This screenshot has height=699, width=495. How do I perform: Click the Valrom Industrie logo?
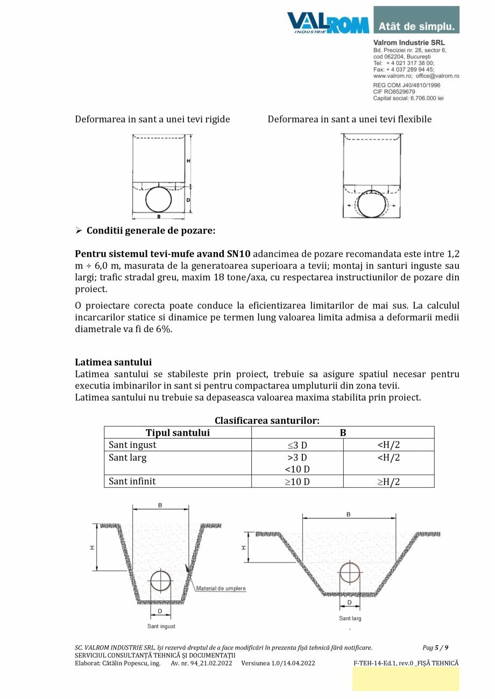click(x=328, y=23)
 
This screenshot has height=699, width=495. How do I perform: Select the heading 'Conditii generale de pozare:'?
click(x=151, y=231)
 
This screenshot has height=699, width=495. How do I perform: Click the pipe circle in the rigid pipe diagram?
click(x=158, y=199)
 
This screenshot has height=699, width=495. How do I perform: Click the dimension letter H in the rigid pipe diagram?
click(x=188, y=161)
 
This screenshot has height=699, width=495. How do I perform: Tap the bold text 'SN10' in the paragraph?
click(x=239, y=254)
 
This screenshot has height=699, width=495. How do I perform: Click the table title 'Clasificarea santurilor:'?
click(x=267, y=420)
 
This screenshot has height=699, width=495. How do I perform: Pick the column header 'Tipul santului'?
click(x=178, y=433)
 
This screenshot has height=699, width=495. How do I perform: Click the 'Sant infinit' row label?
click(x=132, y=481)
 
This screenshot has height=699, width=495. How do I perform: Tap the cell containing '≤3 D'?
click(x=297, y=445)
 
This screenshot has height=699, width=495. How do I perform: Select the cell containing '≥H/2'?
click(x=388, y=482)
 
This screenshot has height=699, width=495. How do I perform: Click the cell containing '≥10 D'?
click(x=297, y=482)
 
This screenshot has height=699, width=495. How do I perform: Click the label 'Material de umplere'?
click(x=221, y=588)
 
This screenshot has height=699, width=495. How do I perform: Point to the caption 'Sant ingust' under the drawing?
click(x=161, y=626)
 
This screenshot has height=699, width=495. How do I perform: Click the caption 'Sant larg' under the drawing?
click(x=350, y=618)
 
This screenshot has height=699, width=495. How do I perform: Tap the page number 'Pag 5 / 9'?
click(x=435, y=647)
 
